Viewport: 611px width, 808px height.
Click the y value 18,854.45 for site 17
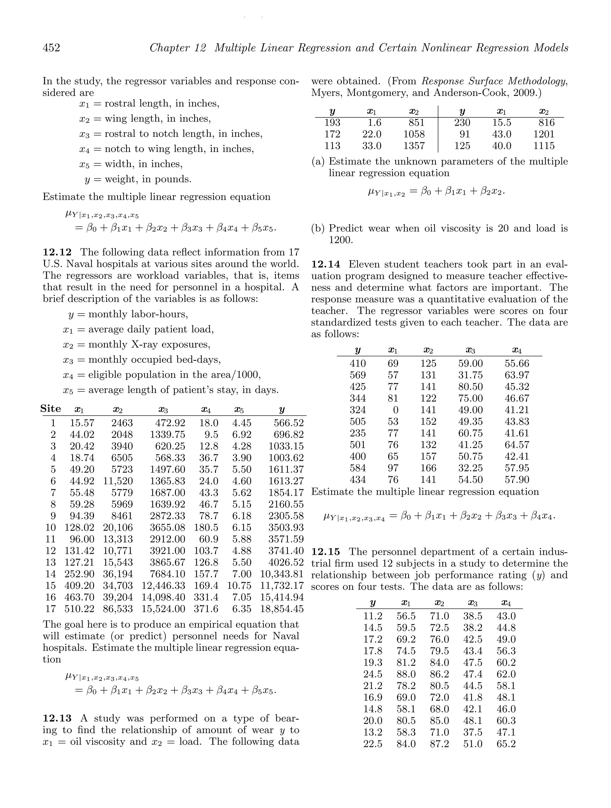282,609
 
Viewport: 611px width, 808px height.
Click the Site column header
50,409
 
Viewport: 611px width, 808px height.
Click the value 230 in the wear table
462,122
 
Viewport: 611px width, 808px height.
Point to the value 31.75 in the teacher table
470,375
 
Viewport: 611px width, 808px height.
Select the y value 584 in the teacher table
357,468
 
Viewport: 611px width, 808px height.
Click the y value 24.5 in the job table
373,674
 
